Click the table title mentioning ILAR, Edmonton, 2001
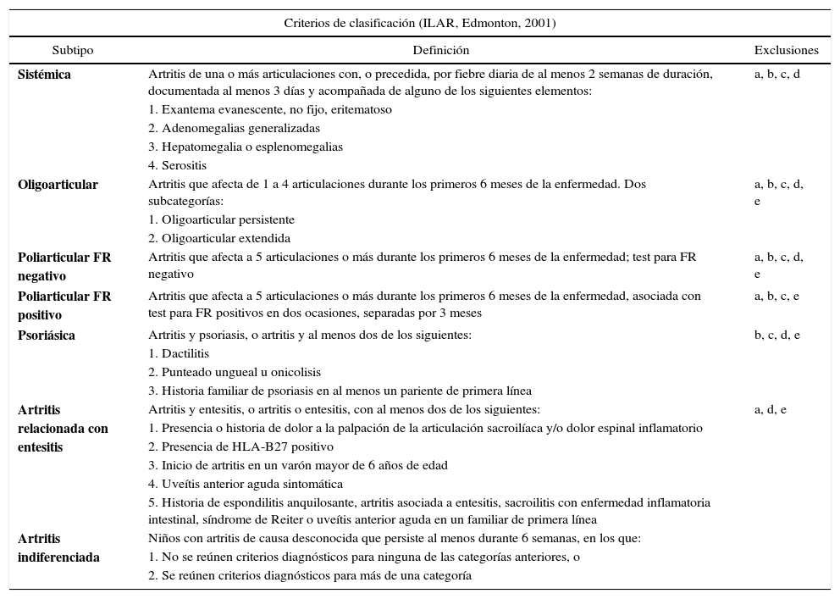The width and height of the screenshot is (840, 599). click(420, 23)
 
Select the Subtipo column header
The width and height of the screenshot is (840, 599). click(73, 51)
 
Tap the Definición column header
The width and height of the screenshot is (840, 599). click(441, 51)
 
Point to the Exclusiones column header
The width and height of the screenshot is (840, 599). click(787, 51)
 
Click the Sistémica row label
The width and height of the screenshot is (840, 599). click(45, 75)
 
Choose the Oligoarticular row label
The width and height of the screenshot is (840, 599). click(58, 185)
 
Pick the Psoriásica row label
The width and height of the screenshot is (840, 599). click(47, 336)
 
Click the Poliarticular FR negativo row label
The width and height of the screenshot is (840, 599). click(64, 266)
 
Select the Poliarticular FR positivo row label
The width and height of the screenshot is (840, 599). click(64, 305)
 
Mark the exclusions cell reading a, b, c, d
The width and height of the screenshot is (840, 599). click(777, 75)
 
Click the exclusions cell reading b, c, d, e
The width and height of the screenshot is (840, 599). click(777, 336)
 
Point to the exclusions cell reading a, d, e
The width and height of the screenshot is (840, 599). click(771, 410)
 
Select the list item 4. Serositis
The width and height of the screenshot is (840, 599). click(178, 166)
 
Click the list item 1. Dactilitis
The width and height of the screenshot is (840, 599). click(179, 354)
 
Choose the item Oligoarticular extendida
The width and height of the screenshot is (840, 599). click(219, 239)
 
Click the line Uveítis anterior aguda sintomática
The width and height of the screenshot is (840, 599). click(246, 485)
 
